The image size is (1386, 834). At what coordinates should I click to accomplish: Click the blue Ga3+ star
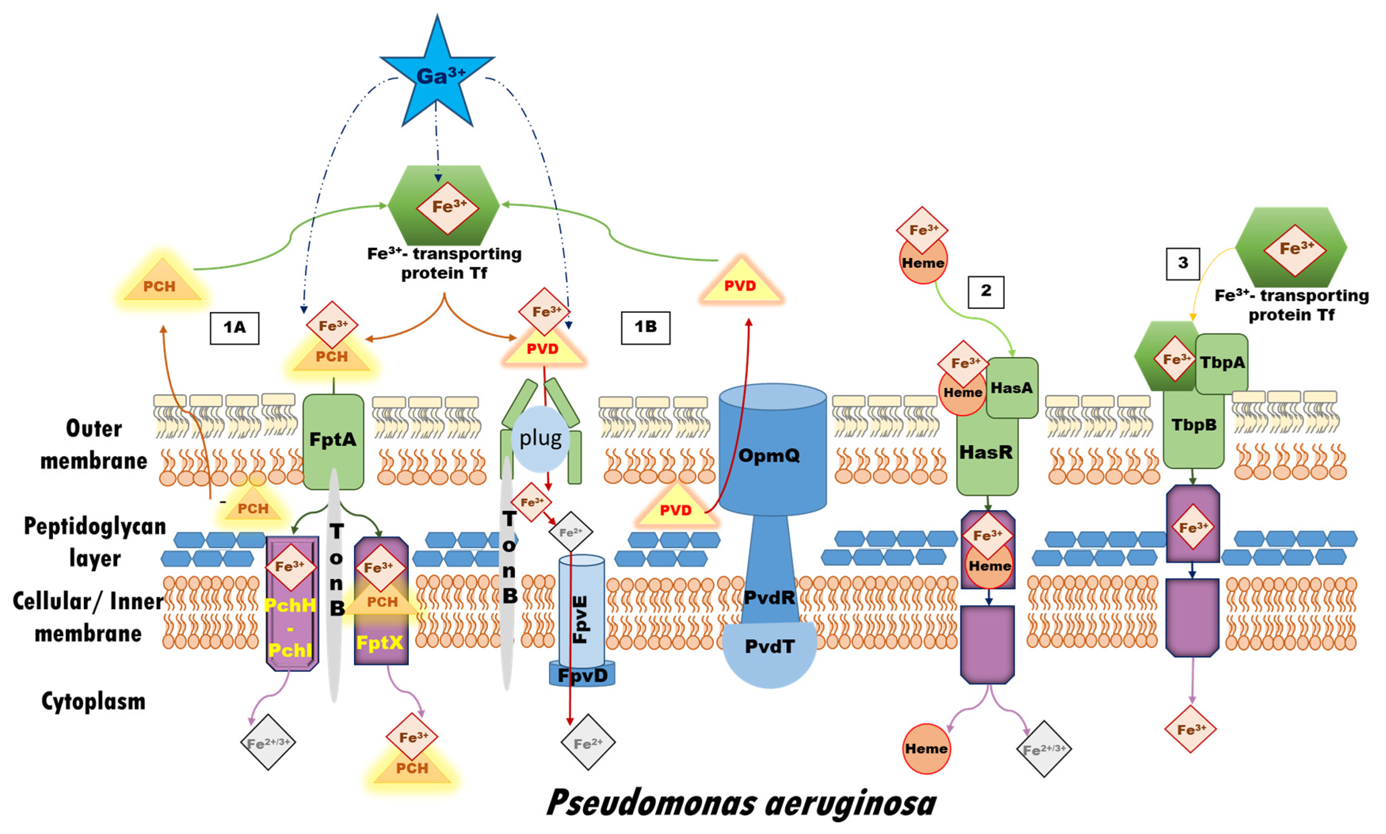click(x=437, y=76)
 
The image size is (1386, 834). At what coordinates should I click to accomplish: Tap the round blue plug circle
click(x=540, y=439)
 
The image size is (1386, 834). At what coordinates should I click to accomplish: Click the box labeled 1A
click(x=234, y=328)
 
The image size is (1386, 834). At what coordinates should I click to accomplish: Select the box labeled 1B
click(x=645, y=328)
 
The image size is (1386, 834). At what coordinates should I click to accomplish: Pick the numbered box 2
click(x=986, y=292)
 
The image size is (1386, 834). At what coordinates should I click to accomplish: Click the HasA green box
click(x=1012, y=388)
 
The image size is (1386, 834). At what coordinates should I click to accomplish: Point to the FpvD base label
click(x=582, y=675)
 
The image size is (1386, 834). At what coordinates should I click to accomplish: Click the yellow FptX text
click(x=380, y=642)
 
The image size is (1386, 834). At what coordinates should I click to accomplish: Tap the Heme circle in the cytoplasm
click(x=926, y=748)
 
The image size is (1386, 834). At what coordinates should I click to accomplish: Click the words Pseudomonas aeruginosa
click(x=741, y=803)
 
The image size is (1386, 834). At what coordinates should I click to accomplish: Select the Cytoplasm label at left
click(x=93, y=701)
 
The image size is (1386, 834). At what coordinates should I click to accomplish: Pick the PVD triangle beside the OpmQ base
click(x=676, y=507)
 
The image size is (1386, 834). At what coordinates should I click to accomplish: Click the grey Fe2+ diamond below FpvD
click(x=588, y=743)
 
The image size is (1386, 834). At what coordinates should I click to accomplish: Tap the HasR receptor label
click(x=986, y=452)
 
